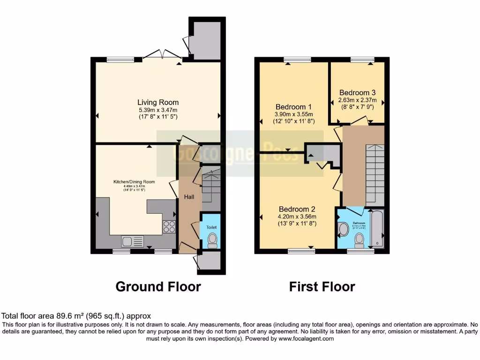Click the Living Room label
click(x=157, y=102)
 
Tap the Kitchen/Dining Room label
click(x=134, y=182)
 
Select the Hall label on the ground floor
click(x=189, y=197)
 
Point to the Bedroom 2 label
click(x=297, y=209)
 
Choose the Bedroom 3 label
click(x=357, y=93)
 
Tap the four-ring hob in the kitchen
click(x=169, y=227)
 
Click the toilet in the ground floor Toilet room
click(x=212, y=240)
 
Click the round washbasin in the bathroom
click(x=343, y=229)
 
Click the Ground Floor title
click(x=158, y=286)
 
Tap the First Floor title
click(x=322, y=286)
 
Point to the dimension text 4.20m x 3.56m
click(x=297, y=217)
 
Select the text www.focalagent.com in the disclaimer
click(x=305, y=338)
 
